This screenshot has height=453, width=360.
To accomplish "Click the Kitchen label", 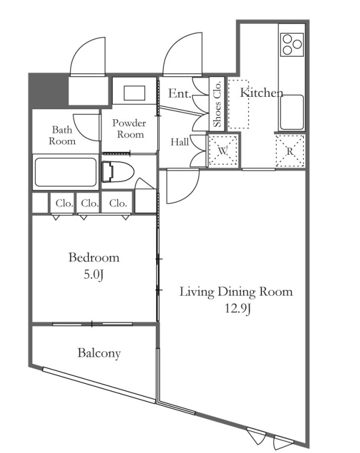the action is click(x=261, y=93).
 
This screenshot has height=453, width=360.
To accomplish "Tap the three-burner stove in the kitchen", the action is click(x=292, y=44).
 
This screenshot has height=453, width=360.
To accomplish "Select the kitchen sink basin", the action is click(x=292, y=112).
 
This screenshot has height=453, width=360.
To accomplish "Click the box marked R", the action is click(x=290, y=151).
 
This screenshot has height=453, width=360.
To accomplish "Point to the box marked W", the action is click(x=223, y=151).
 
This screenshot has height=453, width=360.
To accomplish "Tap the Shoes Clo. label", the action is click(x=217, y=104).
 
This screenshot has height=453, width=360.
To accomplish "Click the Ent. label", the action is click(x=179, y=93).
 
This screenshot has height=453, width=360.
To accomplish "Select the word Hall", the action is click(x=179, y=142).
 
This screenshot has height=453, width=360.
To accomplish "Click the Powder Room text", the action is click(x=129, y=129).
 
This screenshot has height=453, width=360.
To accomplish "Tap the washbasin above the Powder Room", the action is click(x=134, y=93).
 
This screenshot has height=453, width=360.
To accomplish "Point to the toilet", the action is click(x=118, y=172).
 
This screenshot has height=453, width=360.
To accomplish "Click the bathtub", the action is click(x=66, y=172).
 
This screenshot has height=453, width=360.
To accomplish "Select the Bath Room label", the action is click(x=62, y=135).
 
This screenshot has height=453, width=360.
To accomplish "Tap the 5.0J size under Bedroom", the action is click(x=93, y=275).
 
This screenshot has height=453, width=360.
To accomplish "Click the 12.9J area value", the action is click(x=237, y=309).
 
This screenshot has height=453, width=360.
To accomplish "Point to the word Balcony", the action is click(x=99, y=353).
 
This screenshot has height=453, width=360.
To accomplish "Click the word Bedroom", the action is click(x=94, y=257).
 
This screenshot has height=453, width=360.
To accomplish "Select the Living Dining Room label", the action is click(x=236, y=292).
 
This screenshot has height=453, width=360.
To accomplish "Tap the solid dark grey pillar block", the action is click(x=48, y=90).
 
